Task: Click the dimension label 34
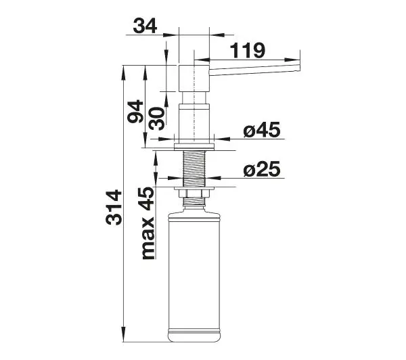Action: click(x=145, y=26)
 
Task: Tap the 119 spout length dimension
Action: click(x=248, y=50)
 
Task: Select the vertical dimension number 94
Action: click(x=135, y=112)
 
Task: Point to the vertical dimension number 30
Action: click(x=157, y=118)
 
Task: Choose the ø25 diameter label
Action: click(x=262, y=169)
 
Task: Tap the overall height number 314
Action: click(x=114, y=207)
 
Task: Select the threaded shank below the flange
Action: click(x=194, y=168)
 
